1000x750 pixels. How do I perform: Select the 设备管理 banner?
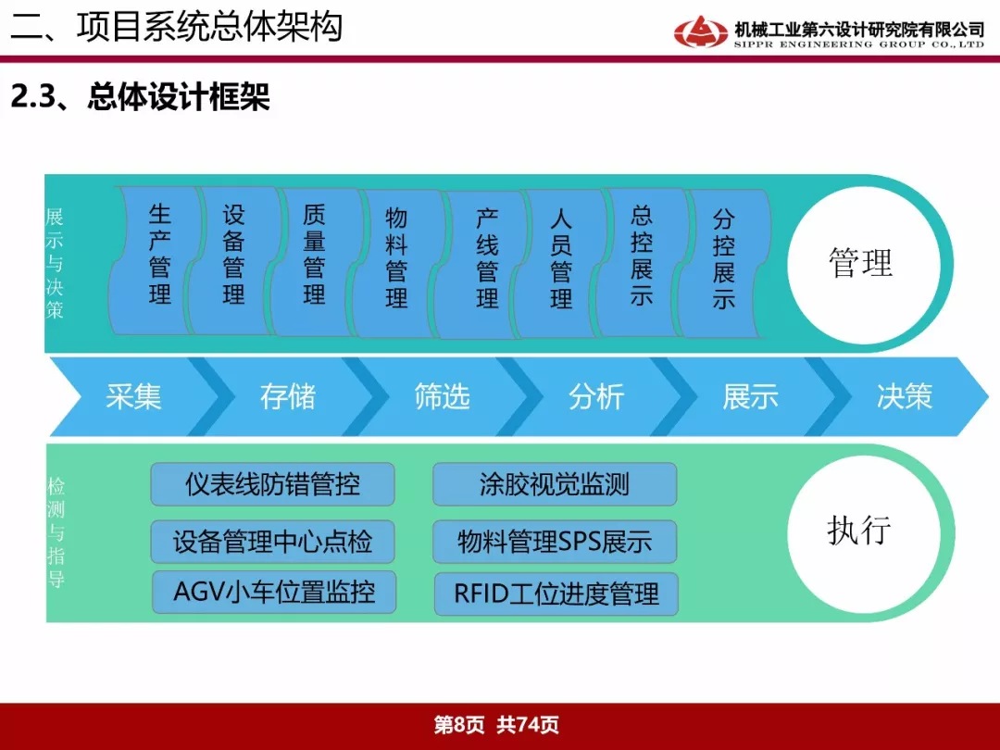[233, 260]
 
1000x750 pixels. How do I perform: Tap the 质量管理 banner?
[314, 261]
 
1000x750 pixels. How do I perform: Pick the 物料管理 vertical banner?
[395, 263]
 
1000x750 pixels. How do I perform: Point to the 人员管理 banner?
[560, 263]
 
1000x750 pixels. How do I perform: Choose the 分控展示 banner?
[724, 263]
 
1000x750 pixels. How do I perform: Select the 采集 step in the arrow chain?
[133, 396]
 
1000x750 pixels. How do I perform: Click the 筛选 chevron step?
[442, 396]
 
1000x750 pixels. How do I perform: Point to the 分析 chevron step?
[596, 396]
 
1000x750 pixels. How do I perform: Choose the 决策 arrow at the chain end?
[905, 396]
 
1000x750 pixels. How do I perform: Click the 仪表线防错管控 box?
[272, 484]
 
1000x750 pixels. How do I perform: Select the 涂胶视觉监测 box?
[555, 484]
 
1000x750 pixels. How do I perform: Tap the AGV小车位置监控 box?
[273, 593]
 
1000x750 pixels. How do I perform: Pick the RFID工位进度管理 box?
[556, 594]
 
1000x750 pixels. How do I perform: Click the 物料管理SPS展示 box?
[555, 542]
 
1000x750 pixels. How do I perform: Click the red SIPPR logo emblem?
[700, 31]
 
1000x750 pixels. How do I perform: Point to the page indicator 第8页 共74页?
[496, 724]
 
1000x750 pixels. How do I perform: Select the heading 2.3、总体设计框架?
[141, 97]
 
